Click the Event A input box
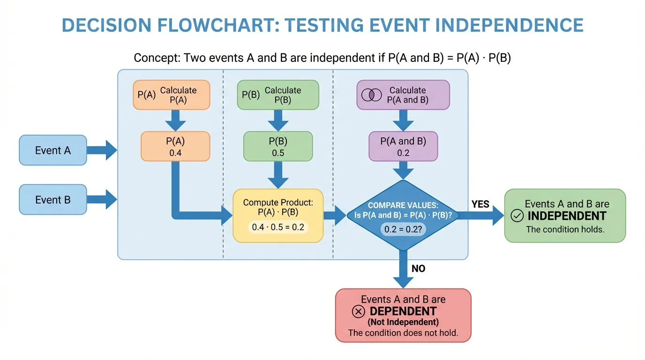pyautogui.click(x=53, y=150)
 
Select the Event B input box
pyautogui.click(x=53, y=200)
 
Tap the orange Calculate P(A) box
pyautogui.click(x=172, y=95)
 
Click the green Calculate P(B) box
pyautogui.click(x=278, y=95)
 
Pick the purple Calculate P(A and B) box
pyautogui.click(x=403, y=95)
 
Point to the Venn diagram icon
pyautogui.click(x=371, y=95)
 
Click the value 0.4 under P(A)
pyautogui.click(x=175, y=153)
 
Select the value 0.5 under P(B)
pyautogui.click(x=278, y=153)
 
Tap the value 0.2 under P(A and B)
pyautogui.click(x=403, y=153)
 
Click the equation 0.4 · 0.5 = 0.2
pyautogui.click(x=278, y=228)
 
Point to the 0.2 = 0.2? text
pyautogui.click(x=403, y=230)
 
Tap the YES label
pyautogui.click(x=480, y=204)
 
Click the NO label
pyautogui.click(x=418, y=269)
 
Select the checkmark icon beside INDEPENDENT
pyautogui.click(x=517, y=216)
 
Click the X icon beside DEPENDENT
pyautogui.click(x=359, y=312)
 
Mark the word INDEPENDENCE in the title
pyautogui.click(x=510, y=25)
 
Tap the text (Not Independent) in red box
pyautogui.click(x=403, y=322)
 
